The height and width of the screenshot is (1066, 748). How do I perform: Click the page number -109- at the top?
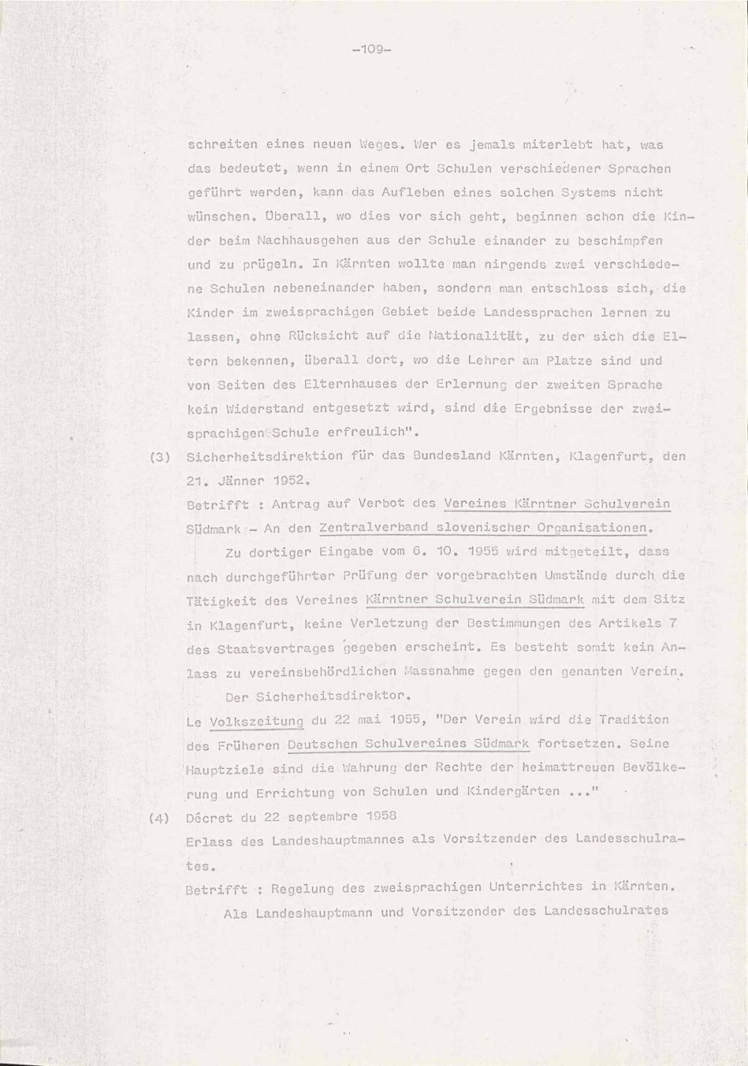click(372, 50)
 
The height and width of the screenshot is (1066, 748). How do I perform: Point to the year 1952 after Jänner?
click(276, 480)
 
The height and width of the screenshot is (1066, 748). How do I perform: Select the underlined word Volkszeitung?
click(257, 721)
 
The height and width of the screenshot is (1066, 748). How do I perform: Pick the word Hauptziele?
click(221, 768)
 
